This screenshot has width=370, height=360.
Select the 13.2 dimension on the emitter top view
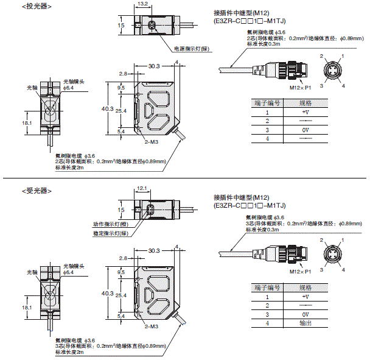tap(143, 4)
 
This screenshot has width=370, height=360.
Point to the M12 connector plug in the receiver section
tap(286, 250)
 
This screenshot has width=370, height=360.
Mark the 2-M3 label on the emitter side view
tap(150, 140)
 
